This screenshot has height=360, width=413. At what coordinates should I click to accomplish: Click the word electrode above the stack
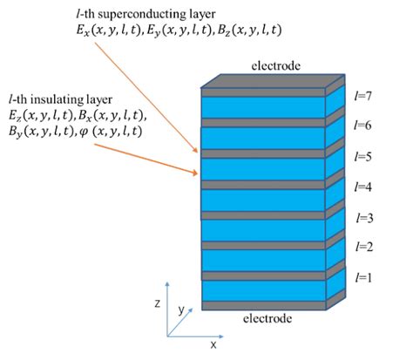(x=276, y=65)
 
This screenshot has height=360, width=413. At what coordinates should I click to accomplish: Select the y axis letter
(x=182, y=309)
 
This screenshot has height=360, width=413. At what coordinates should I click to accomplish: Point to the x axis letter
(x=212, y=345)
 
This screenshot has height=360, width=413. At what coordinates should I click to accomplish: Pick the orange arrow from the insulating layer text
(x=144, y=160)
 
